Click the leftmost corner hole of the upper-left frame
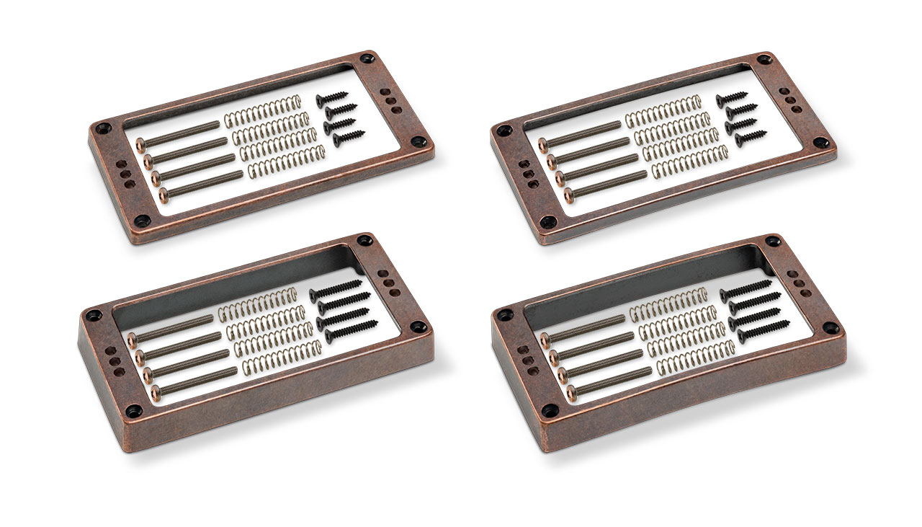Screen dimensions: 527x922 (103, 128)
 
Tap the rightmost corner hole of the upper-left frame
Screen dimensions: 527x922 (417, 142)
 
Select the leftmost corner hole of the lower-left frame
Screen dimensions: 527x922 (93, 315)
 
